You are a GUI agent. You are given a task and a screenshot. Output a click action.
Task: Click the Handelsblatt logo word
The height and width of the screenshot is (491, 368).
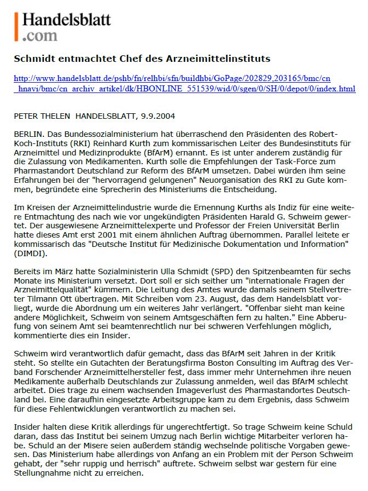(66, 20)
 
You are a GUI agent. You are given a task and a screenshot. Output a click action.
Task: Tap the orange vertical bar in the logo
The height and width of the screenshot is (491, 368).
(17, 27)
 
